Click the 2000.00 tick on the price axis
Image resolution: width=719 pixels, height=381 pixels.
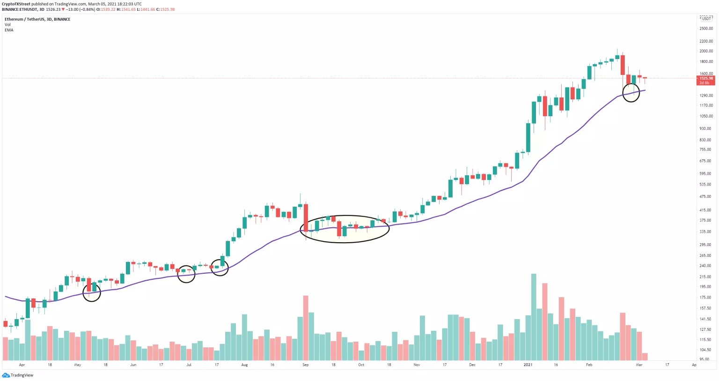pos(705,51)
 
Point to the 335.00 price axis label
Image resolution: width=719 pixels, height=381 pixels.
pos(705,232)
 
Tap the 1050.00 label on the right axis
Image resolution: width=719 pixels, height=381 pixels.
pos(705,116)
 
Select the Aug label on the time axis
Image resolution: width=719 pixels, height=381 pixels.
pos(244,365)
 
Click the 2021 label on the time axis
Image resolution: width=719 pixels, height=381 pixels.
pos(528,365)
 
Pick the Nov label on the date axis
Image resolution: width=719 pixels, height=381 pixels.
pos(417,365)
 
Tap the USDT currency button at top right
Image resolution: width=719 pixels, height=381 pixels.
pos(706,19)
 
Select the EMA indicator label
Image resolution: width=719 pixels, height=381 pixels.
pos(9,30)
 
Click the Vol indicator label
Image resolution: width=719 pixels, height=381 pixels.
pos(7,24)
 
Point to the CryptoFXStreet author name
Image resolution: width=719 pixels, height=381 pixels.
pos(16,4)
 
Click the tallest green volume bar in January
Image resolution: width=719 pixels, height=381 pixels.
pos(534,317)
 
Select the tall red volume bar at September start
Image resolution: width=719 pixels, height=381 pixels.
pos(306,328)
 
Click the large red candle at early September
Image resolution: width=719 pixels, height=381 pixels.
pos(306,217)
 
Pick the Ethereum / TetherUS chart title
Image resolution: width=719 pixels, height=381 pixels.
pos(37,19)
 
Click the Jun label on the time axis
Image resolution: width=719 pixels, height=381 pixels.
pos(133,365)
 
